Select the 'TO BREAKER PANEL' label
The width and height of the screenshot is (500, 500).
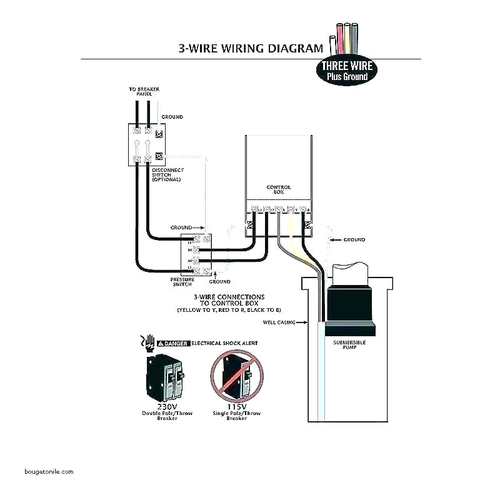144,92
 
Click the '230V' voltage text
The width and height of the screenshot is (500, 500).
163,406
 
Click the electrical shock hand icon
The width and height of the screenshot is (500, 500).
148,341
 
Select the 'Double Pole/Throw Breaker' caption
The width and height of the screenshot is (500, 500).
163,416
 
